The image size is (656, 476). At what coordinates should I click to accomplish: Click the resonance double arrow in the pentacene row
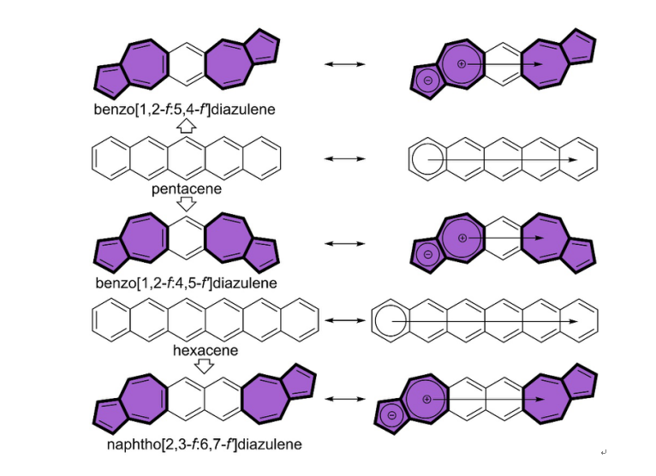tap(345, 158)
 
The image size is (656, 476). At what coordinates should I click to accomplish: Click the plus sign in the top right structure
tap(462, 64)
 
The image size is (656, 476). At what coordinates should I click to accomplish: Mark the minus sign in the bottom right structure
tap(392, 417)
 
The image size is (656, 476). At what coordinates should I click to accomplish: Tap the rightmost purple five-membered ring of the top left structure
tap(261, 45)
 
